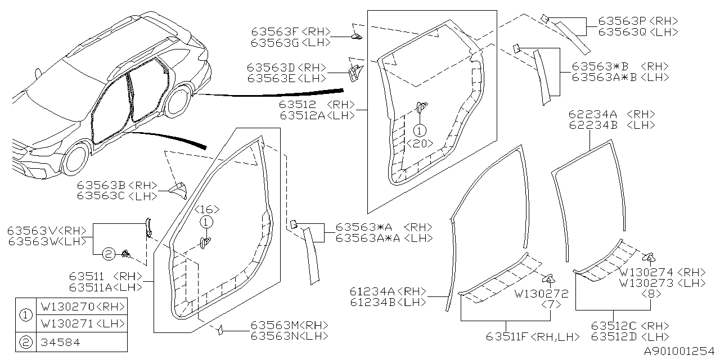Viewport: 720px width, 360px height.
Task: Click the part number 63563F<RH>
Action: [x=291, y=32]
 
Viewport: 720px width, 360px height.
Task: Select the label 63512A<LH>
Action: [x=317, y=115]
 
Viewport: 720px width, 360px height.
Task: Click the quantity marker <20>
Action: [x=420, y=143]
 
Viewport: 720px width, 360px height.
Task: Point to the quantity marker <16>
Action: [x=206, y=209]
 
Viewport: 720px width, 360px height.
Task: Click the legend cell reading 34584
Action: [x=60, y=341]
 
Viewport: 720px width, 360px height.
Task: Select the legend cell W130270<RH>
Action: [x=81, y=307]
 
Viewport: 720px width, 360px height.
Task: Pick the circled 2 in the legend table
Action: [x=25, y=341]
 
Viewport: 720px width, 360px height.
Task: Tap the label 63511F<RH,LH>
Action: [x=532, y=336]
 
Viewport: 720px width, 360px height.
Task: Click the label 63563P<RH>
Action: [x=638, y=21]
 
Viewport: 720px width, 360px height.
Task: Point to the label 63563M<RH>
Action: [x=289, y=325]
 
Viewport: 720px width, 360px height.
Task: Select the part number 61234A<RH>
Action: [x=388, y=291]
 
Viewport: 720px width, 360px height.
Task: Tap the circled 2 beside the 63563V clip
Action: [x=109, y=255]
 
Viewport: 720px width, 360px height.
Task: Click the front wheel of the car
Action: [x=75, y=160]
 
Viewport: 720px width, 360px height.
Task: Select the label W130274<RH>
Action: [x=661, y=272]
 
